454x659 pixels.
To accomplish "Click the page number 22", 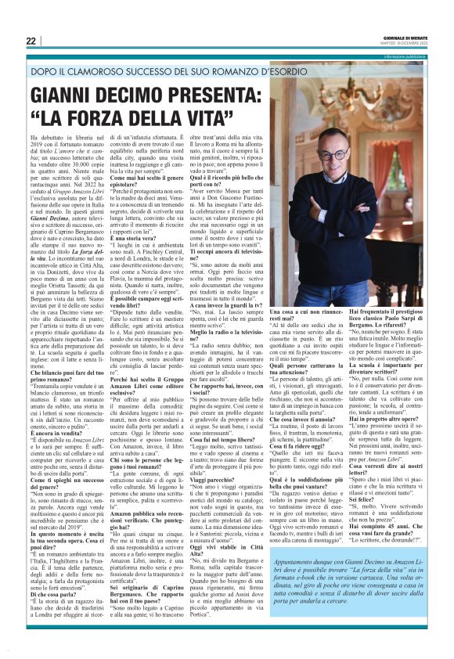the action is (31, 41).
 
